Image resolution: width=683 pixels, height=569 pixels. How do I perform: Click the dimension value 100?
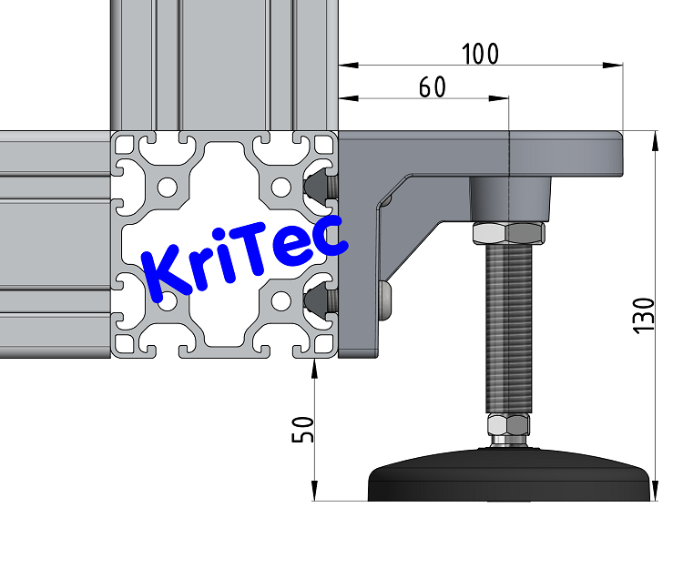pyautogui.click(x=480, y=54)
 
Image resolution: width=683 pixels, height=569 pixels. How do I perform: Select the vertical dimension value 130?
pyautogui.click(x=644, y=315)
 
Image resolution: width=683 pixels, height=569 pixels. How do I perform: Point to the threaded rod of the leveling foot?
pyautogui.click(x=508, y=328)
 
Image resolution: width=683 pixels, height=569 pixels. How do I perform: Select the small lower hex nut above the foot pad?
pyautogui.click(x=507, y=425)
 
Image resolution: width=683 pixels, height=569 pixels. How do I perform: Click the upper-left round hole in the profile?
pyautogui.click(x=167, y=188)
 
